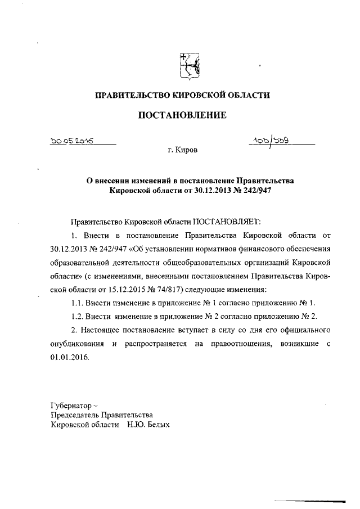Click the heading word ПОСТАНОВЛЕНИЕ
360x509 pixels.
click(x=182, y=115)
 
